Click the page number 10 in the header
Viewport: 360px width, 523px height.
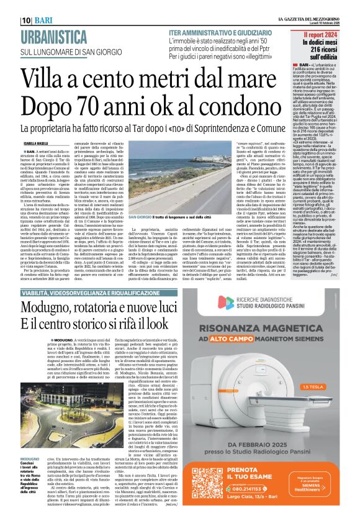11,6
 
